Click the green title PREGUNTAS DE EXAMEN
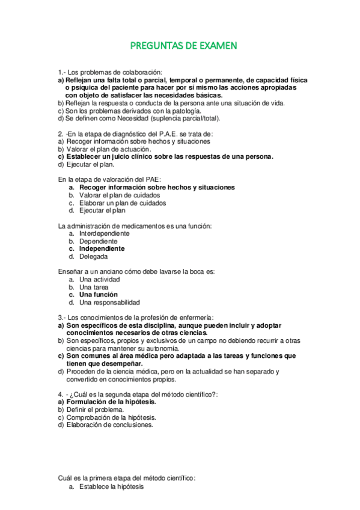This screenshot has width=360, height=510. coord(184,45)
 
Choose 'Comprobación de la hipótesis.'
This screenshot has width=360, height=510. coord(111,417)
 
